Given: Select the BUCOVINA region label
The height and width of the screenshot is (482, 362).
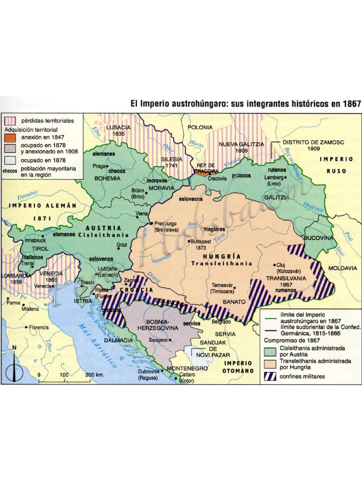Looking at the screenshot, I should [x=319, y=238].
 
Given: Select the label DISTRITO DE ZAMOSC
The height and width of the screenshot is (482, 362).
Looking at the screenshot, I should [x=307, y=142].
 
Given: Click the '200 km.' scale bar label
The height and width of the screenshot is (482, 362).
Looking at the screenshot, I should [x=95, y=375].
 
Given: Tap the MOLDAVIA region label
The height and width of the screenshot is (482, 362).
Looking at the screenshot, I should [x=343, y=268].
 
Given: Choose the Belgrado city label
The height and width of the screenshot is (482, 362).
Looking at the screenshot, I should [x=221, y=321].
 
